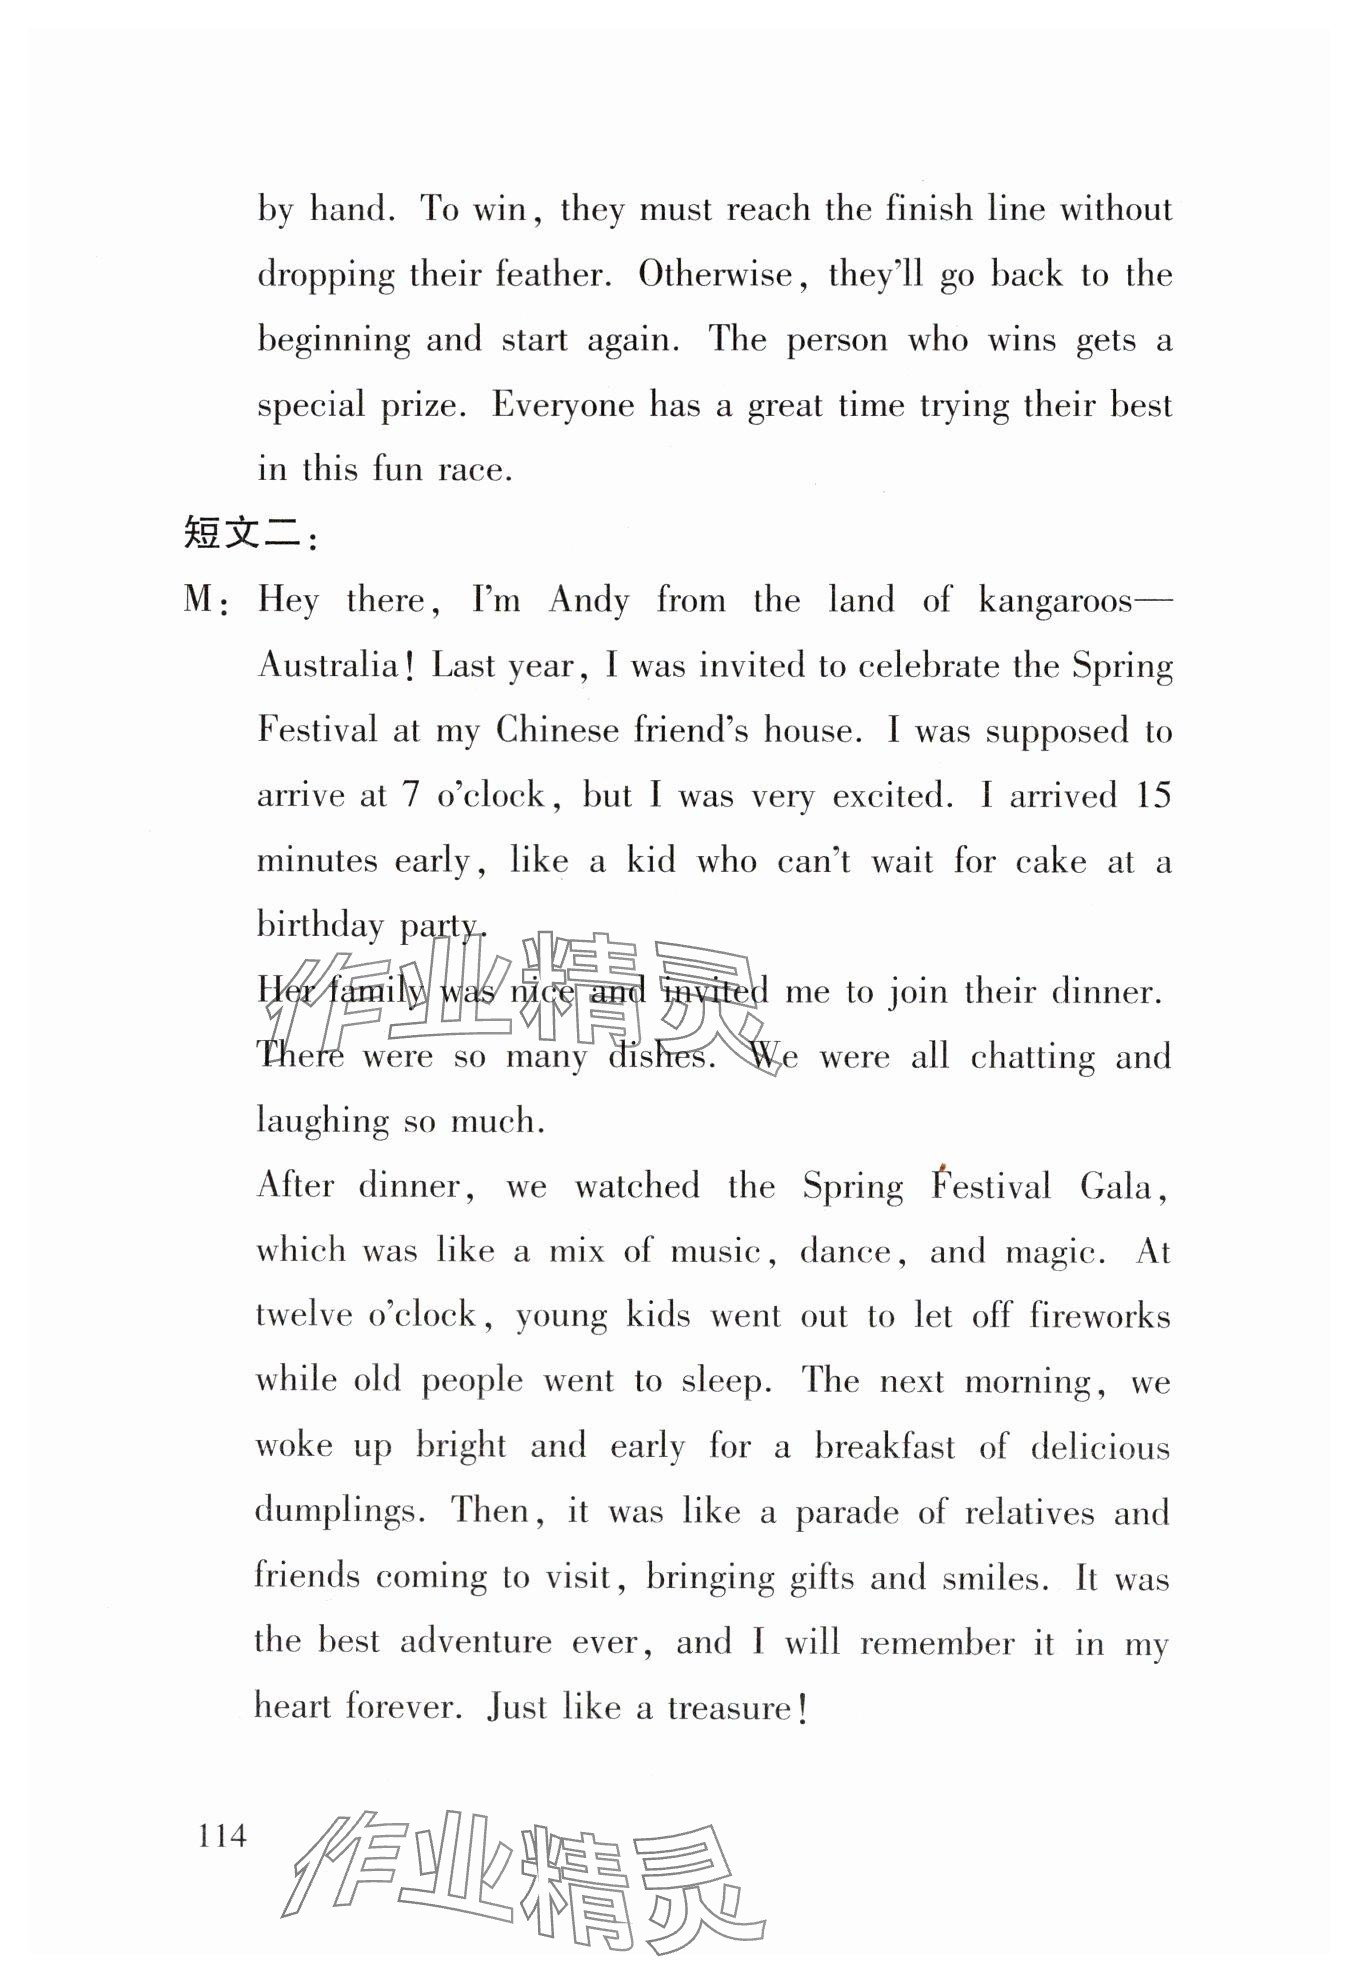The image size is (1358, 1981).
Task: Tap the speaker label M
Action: pyautogui.click(x=199, y=600)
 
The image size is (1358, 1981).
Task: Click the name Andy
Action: pyautogui.click(x=589, y=600)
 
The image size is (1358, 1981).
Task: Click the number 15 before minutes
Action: pyautogui.click(x=1153, y=796)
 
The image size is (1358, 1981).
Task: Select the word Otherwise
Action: pyautogui.click(x=715, y=274)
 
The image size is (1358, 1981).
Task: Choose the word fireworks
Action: pyautogui.click(x=1099, y=1315)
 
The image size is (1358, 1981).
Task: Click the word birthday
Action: pyautogui.click(x=320, y=925)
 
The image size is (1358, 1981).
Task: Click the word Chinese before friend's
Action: pyautogui.click(x=557, y=731)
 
